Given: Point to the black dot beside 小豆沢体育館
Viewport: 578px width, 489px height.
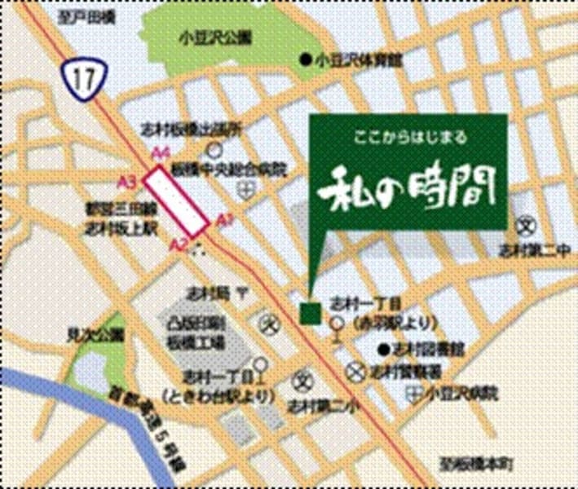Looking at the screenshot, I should coord(306,59).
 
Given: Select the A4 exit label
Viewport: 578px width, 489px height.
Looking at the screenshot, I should coord(163,152).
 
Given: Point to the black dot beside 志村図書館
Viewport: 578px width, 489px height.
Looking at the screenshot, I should coord(382,350).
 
